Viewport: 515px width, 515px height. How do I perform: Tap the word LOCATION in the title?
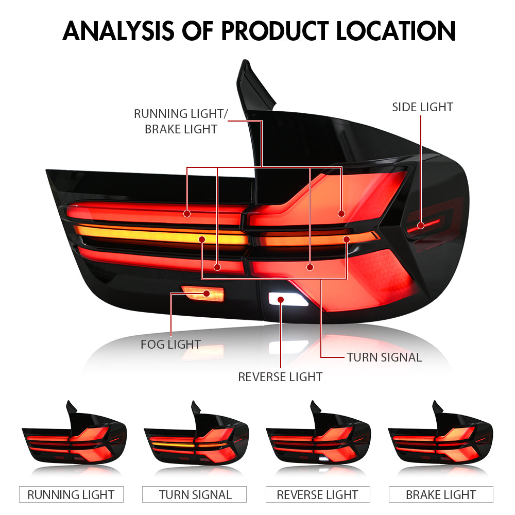tap(396, 32)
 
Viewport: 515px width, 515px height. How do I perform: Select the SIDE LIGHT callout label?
tap(422, 107)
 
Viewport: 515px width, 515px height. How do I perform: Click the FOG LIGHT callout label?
tap(170, 344)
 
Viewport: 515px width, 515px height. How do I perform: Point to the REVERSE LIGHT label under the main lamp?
tap(280, 377)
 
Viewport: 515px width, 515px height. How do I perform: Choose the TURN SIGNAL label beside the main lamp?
tap(384, 357)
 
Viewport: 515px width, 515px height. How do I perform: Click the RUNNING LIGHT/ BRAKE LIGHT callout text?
tap(180, 122)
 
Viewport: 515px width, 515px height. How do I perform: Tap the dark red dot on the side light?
tap(421, 225)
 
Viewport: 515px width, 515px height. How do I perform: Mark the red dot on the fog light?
tap(207, 294)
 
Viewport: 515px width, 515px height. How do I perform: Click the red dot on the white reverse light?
tap(281, 299)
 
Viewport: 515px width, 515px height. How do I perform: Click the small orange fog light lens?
tap(201, 295)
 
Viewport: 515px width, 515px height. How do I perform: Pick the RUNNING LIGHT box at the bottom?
tap(71, 495)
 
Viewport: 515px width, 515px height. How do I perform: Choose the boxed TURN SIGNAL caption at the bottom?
tap(196, 495)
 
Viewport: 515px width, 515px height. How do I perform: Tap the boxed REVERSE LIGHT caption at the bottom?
tap(317, 495)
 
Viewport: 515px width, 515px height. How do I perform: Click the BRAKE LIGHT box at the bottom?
tap(441, 495)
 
